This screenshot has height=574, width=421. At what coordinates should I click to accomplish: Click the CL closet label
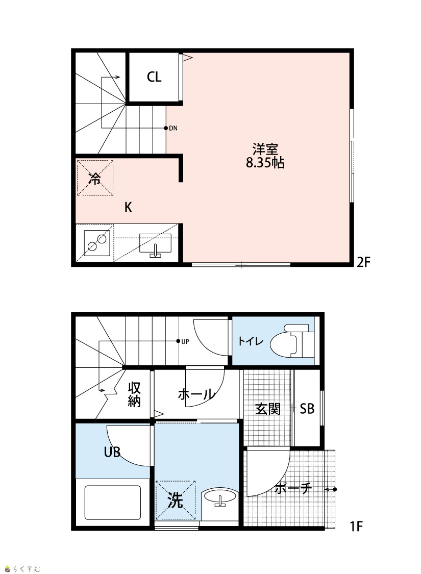[154, 77]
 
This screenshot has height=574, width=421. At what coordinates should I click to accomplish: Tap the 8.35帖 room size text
[265, 163]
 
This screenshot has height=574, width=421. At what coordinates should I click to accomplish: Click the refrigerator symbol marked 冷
[95, 178]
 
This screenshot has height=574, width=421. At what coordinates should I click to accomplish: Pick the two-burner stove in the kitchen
[96, 243]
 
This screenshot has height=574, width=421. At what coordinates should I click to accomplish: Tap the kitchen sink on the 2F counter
[155, 244]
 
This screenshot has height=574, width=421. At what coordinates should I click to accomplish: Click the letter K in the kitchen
[128, 208]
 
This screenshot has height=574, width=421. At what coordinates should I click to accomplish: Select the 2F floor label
[364, 262]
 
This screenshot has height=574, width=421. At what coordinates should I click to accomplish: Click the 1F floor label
[356, 526]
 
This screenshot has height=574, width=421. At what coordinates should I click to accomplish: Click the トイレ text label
[251, 341]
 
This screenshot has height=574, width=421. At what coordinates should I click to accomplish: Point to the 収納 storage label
[134, 394]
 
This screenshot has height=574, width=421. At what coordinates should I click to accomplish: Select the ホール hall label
[196, 394]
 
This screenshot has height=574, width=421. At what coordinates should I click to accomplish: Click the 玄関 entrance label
[268, 409]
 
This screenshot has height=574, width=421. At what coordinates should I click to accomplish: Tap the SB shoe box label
[307, 409]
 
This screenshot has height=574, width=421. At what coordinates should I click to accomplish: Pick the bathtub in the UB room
[113, 503]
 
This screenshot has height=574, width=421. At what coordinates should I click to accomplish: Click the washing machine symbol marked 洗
[176, 500]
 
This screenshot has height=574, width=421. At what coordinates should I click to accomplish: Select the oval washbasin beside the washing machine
[219, 497]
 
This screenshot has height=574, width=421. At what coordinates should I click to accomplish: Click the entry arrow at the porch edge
[330, 489]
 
